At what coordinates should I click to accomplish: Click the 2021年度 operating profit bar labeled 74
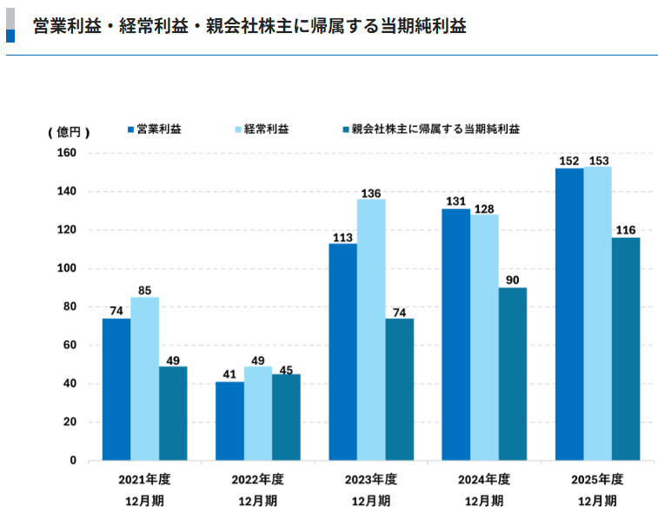point(116,389)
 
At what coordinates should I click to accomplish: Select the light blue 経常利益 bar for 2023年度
point(371,330)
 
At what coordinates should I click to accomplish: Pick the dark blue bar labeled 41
point(229,421)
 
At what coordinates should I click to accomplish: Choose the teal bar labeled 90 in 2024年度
point(513,373)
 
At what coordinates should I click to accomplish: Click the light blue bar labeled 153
point(597,312)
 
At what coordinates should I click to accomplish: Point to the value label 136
point(371,193)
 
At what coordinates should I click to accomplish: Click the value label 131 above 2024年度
point(455,202)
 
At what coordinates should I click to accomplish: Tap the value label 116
point(626,231)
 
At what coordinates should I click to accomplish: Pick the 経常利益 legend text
point(267,129)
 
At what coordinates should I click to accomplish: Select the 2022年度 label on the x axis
point(257,479)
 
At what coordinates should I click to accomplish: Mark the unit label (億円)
point(69,132)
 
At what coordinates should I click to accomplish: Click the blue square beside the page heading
point(10,36)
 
